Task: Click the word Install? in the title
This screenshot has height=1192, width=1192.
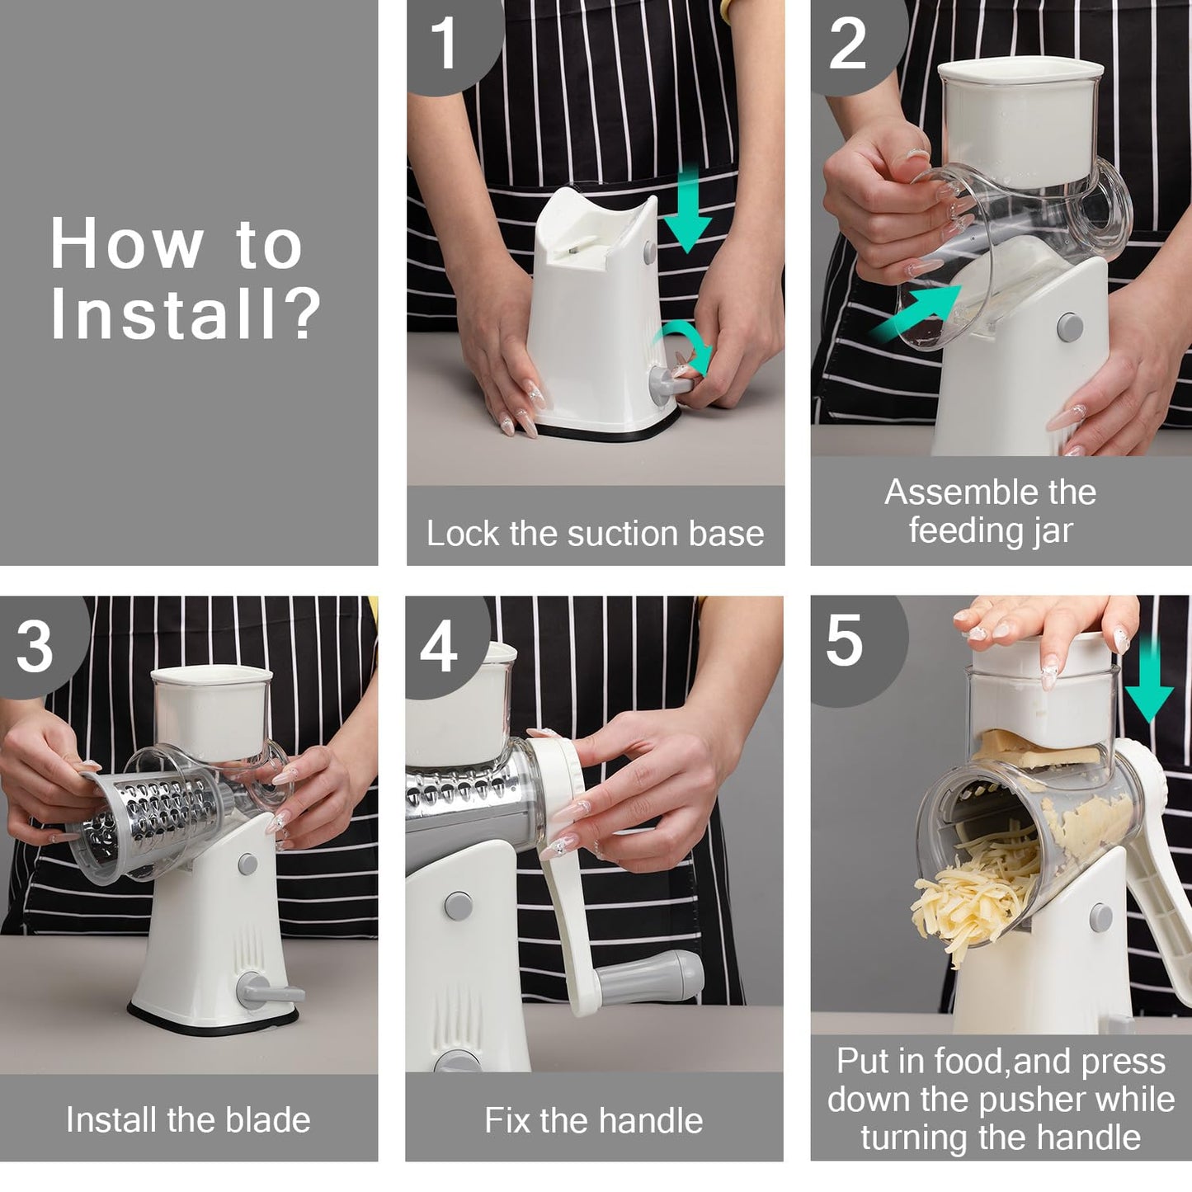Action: [x=185, y=313]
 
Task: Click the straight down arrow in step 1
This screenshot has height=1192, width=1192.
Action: [x=687, y=210]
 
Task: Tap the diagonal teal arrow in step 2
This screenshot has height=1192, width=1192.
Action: [x=916, y=313]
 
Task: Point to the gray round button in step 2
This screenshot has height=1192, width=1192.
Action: [x=1070, y=327]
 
